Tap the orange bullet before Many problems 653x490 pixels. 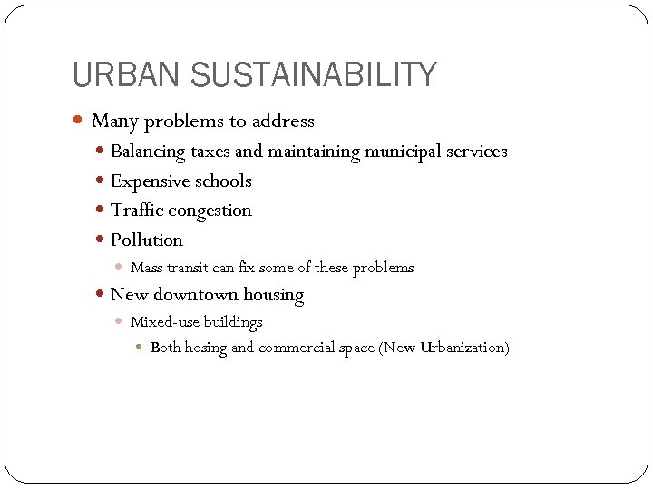pyautogui.click(x=79, y=120)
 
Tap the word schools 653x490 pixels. pyautogui.click(x=222, y=181)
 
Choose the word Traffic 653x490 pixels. pyautogui.click(x=134, y=211)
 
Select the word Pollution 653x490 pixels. pyautogui.click(x=146, y=240)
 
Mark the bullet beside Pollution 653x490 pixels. pyautogui.click(x=101, y=240)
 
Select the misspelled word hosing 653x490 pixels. pyautogui.click(x=205, y=348)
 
